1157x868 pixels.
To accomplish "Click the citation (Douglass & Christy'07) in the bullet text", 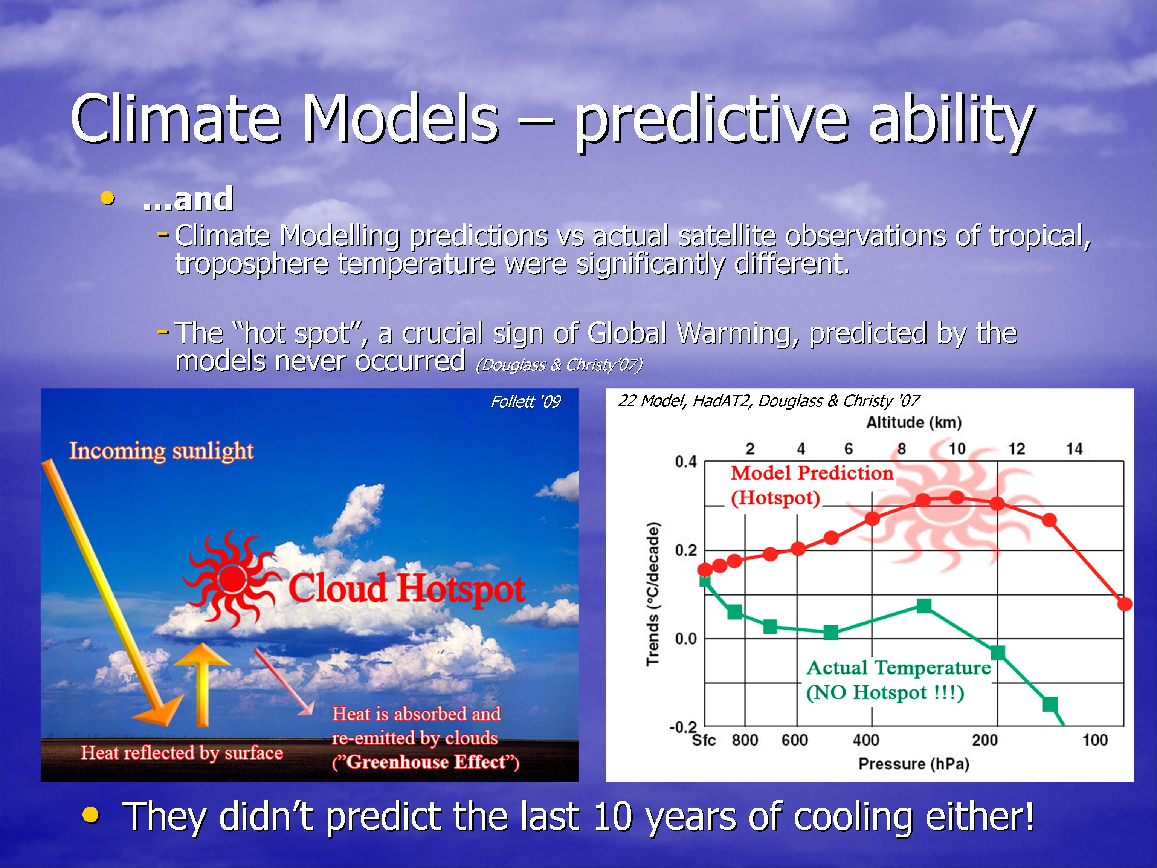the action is tap(559, 365).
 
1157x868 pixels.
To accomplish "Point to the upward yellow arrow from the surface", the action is tap(201, 685).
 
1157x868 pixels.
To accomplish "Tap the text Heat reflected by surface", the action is tap(182, 753).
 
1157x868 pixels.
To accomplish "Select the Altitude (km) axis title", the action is tap(914, 422).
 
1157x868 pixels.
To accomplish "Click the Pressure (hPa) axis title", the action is tap(914, 764).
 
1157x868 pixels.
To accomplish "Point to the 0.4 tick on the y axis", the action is tap(686, 462).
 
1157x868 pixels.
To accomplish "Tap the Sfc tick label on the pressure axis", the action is tap(704, 740).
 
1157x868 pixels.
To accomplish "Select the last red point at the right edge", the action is tap(1125, 604).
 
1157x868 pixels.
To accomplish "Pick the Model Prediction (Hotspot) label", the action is tap(812, 486).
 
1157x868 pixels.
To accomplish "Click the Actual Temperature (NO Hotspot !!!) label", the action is tap(899, 680).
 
